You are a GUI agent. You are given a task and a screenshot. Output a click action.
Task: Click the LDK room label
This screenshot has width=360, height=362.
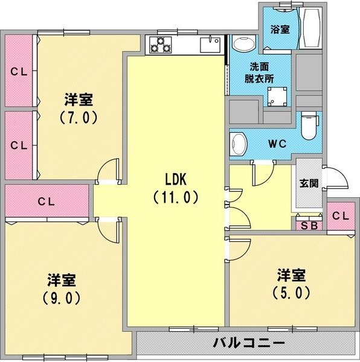point(176,179)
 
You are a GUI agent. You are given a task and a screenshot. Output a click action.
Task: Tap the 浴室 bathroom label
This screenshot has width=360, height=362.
point(280,30)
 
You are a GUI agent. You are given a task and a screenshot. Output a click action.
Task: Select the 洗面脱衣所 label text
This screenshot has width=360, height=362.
point(259,73)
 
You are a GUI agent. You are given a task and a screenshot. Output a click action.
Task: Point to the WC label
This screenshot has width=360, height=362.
point(277,144)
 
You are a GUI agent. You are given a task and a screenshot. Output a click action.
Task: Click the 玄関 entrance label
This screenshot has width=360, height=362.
point(309,183)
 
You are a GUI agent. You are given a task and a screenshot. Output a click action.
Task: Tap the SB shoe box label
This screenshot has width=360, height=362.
point(309,226)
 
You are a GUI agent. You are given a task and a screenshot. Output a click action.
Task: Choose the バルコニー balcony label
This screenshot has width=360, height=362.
point(249,343)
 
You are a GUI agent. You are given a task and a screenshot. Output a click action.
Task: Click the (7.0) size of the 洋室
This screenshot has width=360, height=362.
point(79,117)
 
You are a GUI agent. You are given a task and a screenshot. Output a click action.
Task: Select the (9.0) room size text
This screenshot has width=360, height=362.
point(62,298)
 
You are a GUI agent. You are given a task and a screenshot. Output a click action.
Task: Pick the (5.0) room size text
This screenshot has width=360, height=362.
point(291,293)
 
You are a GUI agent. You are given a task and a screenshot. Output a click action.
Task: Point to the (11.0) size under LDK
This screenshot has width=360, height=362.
point(176,197)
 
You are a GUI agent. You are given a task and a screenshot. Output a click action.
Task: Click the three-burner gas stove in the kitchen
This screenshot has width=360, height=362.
point(160,45)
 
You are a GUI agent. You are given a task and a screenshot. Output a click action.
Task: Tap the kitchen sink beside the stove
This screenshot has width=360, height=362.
point(210,44)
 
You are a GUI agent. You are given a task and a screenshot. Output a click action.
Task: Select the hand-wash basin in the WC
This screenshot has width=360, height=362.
point(239,144)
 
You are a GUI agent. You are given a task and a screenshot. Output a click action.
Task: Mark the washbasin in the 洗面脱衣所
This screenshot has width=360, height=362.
point(244,43)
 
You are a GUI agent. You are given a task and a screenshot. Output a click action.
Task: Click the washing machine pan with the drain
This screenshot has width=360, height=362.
point(277,97)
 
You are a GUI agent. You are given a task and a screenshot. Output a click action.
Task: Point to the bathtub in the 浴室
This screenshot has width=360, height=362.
point(310,28)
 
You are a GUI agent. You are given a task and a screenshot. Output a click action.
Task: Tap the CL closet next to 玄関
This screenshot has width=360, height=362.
point(341,216)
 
